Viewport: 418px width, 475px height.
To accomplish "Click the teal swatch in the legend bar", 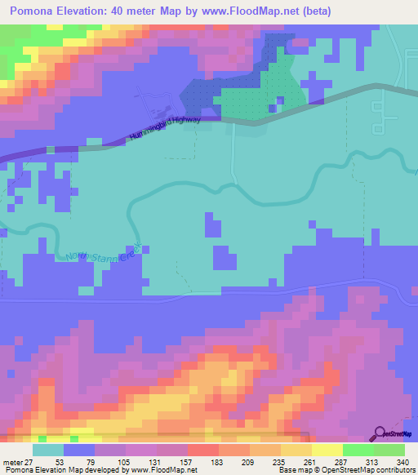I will tap(48, 451).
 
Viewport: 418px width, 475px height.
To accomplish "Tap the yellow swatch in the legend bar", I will tap(327, 451).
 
